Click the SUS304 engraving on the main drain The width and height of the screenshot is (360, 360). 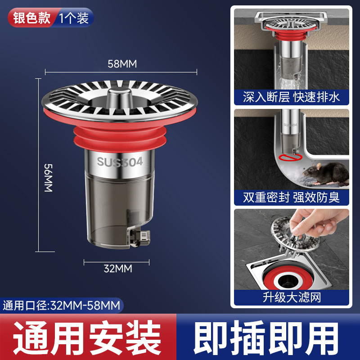(120, 162)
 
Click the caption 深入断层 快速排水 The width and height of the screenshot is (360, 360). (291, 97)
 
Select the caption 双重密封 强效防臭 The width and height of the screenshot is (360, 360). (291, 197)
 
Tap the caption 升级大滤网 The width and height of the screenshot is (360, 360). (291, 297)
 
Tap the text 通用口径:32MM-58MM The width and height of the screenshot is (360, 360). (62, 306)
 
